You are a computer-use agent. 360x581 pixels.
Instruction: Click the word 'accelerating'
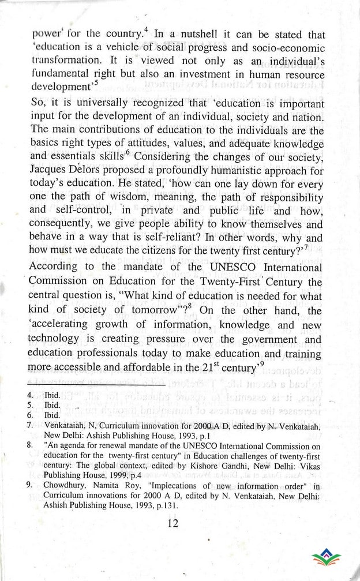64,325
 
